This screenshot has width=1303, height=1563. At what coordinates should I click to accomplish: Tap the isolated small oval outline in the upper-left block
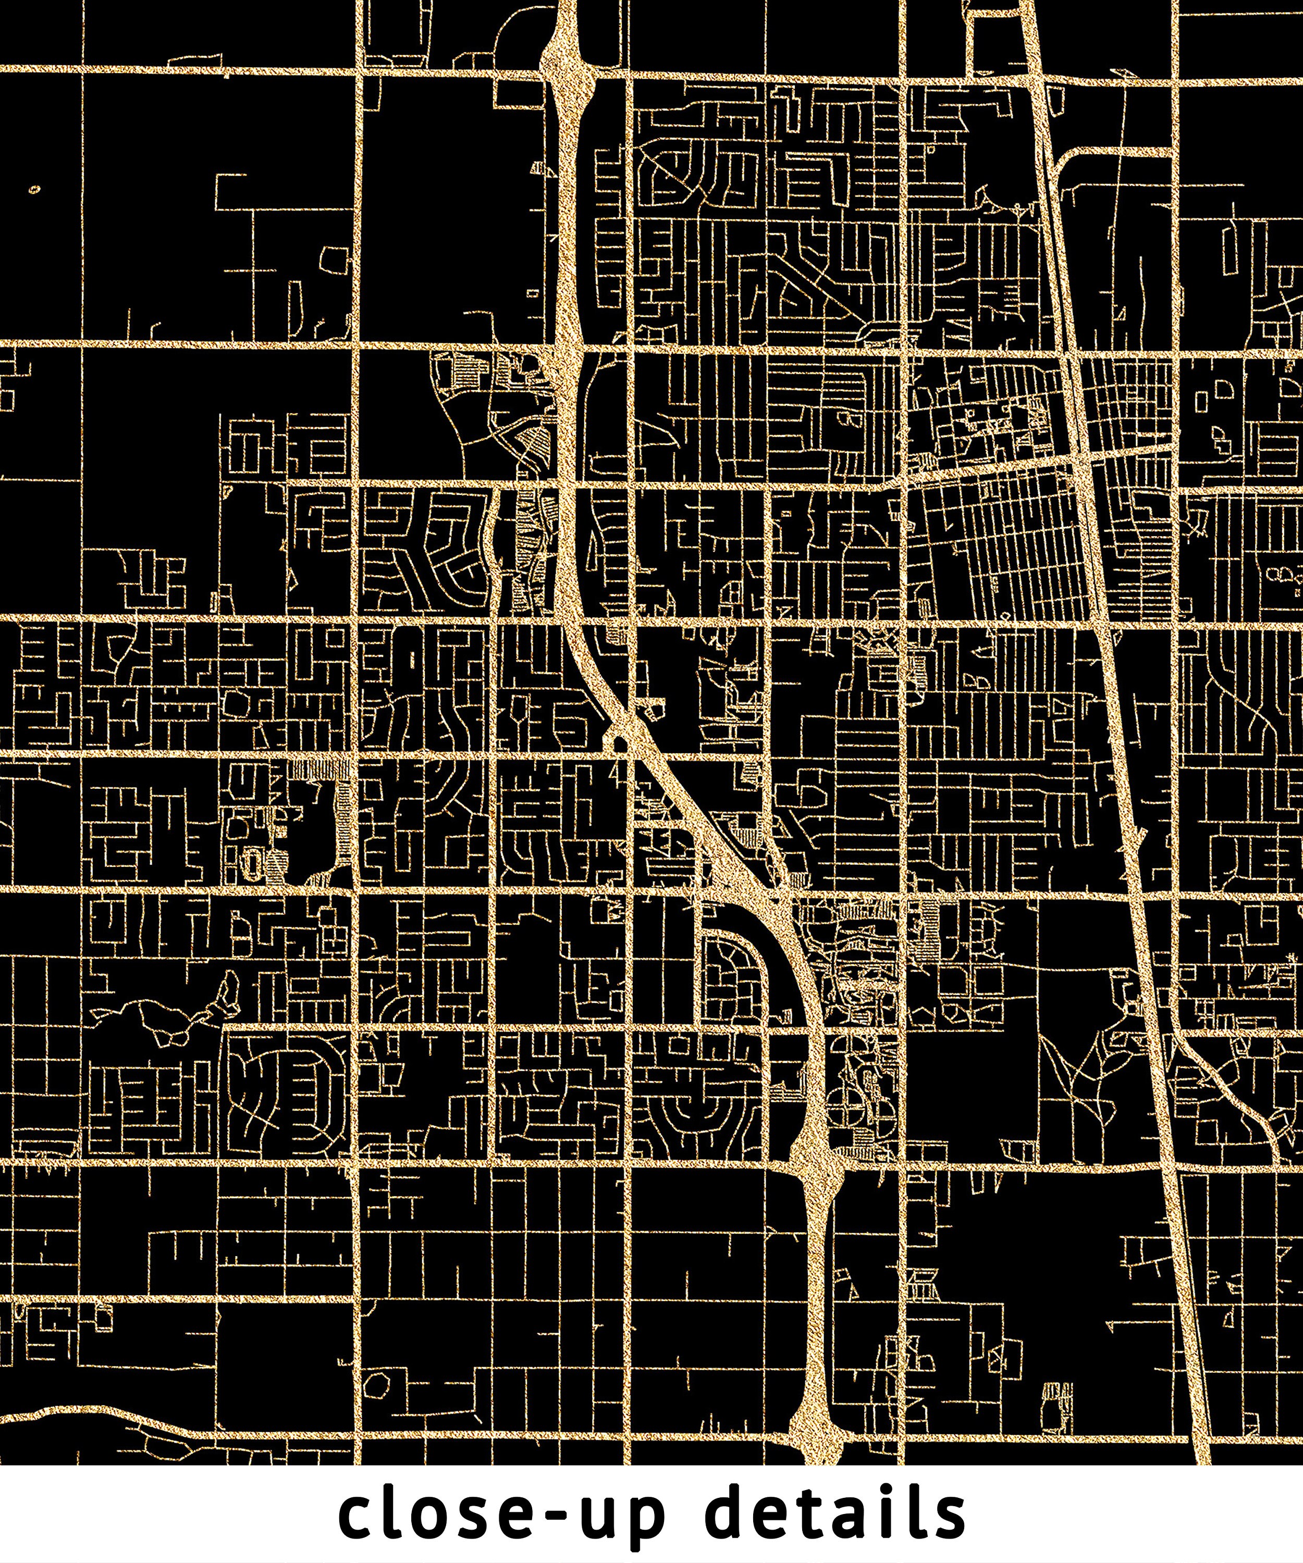35,189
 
